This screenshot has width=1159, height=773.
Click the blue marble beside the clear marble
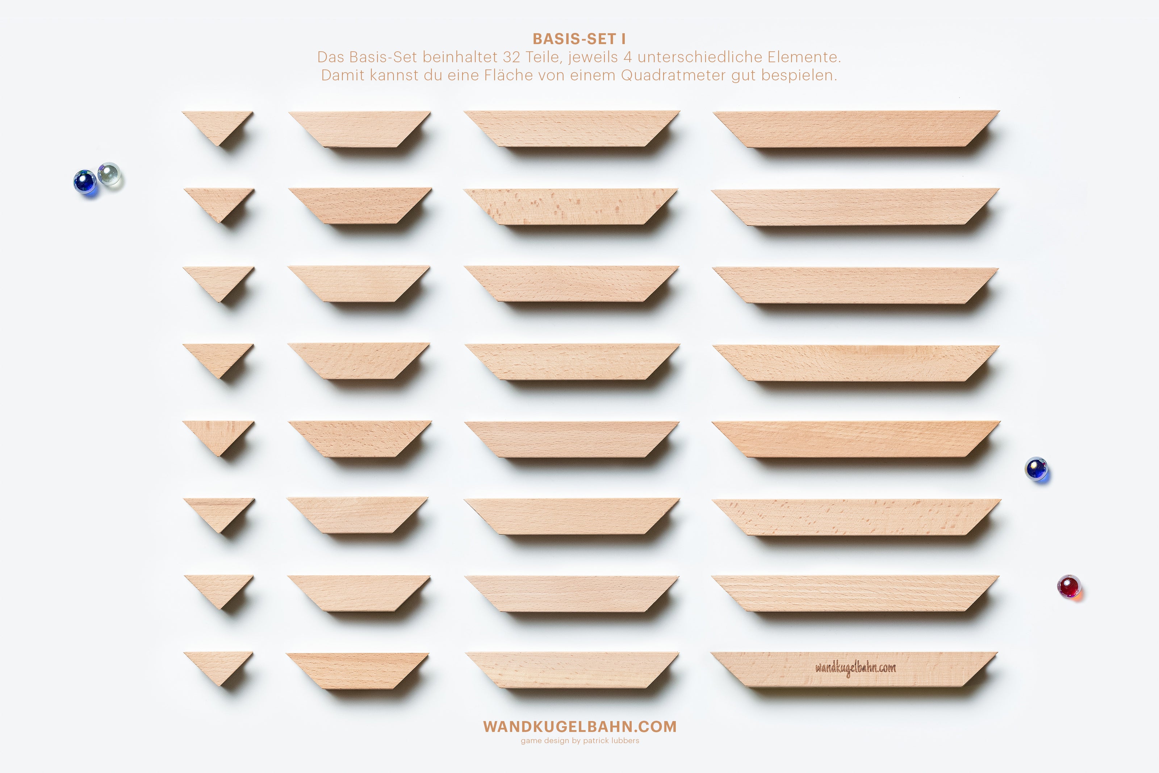point(85,182)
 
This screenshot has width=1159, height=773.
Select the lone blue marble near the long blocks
point(1036,468)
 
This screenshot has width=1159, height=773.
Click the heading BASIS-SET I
point(579,39)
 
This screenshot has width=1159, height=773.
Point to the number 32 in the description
point(511,57)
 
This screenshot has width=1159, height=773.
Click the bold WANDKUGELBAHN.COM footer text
point(580,727)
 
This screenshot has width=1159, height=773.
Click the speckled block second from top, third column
point(570,207)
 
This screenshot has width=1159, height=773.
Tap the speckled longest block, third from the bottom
point(857,517)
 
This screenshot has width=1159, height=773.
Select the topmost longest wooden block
point(856,129)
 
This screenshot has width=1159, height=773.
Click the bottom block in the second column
point(357,671)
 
